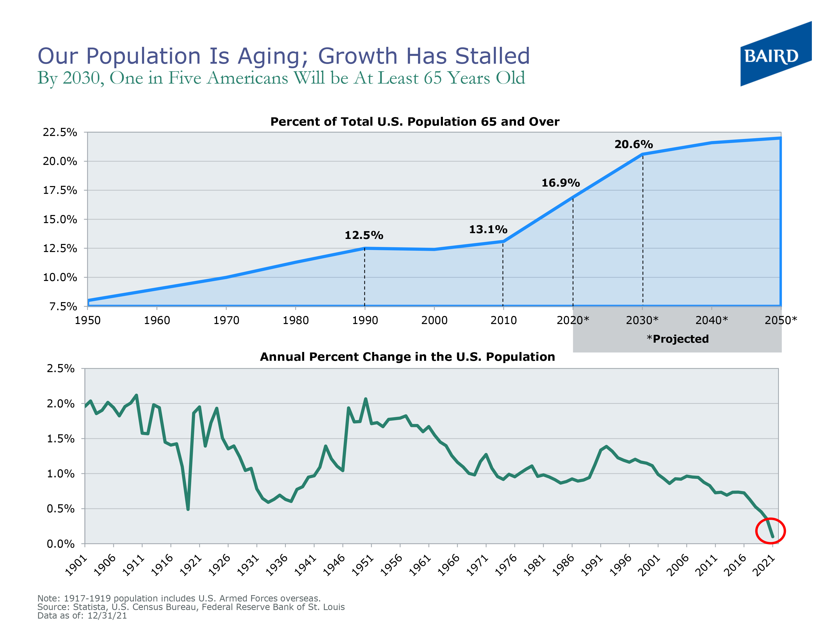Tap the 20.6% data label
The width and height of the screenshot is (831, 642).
pyautogui.click(x=634, y=145)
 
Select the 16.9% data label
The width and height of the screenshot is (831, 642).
pyautogui.click(x=561, y=183)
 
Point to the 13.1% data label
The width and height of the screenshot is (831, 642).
pyautogui.click(x=488, y=229)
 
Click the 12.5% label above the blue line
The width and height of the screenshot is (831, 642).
pyautogui.click(x=364, y=235)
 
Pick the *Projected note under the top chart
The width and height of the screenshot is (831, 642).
pyautogui.click(x=678, y=339)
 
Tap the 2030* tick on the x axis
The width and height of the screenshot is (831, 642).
pyautogui.click(x=642, y=320)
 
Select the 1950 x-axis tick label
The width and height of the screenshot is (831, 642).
pyautogui.click(x=88, y=320)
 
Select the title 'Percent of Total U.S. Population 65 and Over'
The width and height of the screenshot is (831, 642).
pyautogui.click(x=415, y=122)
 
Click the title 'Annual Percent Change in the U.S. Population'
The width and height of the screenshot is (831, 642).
pyautogui.click(x=407, y=357)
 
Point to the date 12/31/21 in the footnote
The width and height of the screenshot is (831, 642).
pyautogui.click(x=107, y=615)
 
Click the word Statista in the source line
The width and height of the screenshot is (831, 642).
pyautogui.click(x=89, y=607)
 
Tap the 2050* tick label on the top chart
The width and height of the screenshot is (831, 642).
pyautogui.click(x=780, y=320)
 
